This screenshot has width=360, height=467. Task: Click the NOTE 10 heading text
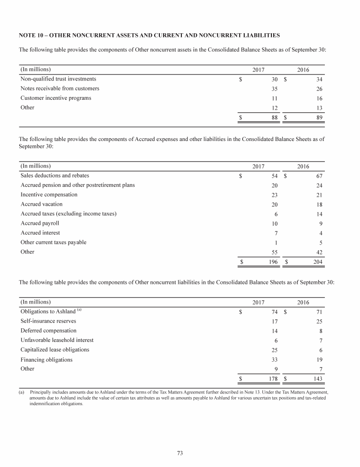coord(149,35)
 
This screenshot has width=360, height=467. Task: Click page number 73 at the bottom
coord(180,452)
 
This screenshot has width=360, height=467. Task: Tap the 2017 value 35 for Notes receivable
coord(275,89)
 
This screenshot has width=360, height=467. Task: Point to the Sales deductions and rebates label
coord(55,176)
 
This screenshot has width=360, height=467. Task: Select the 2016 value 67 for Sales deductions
coord(319,176)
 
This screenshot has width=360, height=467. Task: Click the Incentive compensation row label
coord(49,194)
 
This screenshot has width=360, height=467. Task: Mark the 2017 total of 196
coord(273,262)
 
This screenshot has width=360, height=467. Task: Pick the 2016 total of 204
coord(318,262)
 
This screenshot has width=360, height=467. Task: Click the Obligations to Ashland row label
coord(48,311)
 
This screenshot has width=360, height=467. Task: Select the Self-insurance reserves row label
coord(48,321)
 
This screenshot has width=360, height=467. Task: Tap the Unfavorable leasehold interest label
coord(57,340)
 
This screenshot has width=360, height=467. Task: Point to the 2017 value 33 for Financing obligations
coord(275,360)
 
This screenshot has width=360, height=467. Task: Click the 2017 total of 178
coord(273,379)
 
